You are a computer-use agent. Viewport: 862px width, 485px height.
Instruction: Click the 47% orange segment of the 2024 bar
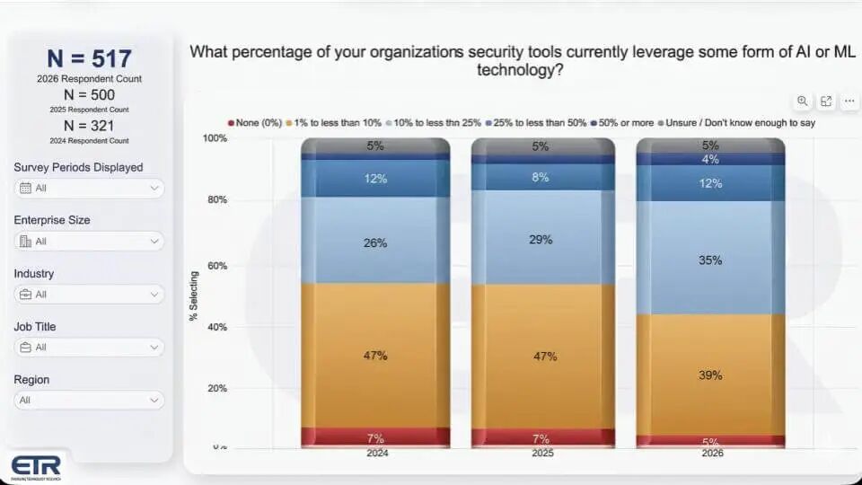(375, 356)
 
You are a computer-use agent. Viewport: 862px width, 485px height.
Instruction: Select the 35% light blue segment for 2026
(710, 260)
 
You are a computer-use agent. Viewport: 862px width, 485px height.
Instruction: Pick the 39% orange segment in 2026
(710, 375)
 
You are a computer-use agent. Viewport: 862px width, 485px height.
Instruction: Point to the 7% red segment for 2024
(375, 437)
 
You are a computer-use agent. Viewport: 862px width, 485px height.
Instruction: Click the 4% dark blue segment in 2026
(710, 160)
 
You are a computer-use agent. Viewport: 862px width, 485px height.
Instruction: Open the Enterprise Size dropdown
(89, 241)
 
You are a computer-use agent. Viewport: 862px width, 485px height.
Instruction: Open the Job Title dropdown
(89, 347)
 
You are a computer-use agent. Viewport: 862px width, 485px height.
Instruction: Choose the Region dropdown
(89, 400)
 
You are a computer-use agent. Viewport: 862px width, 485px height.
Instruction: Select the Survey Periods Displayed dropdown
(89, 188)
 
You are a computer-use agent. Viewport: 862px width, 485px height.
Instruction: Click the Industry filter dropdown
(89, 294)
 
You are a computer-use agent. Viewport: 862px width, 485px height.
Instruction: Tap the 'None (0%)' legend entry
(257, 122)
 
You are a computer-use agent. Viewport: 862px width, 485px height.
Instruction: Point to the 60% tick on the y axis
(215, 266)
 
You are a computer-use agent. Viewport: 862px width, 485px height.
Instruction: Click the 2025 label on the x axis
(542, 454)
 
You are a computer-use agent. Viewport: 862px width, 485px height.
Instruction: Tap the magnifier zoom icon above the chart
(802, 101)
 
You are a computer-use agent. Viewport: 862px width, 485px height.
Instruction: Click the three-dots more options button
(849, 101)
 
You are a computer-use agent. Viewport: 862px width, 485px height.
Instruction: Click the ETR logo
(36, 467)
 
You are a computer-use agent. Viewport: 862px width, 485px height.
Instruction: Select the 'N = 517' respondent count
(89, 59)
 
